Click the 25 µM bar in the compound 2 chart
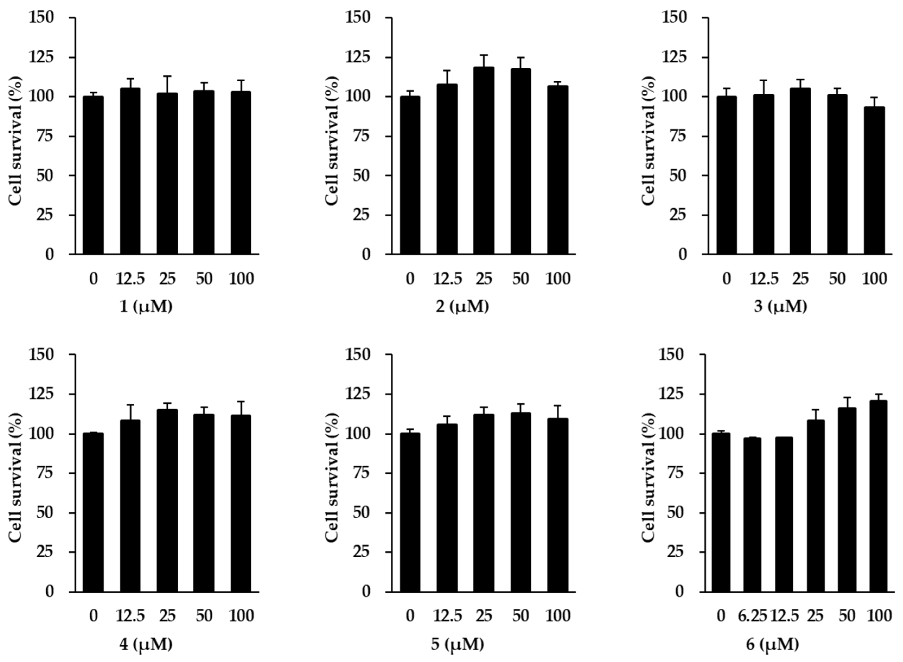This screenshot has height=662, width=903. (483, 160)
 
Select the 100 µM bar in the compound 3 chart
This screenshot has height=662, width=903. (874, 180)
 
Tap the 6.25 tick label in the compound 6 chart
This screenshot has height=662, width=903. (752, 616)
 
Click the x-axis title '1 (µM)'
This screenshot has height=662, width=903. (146, 307)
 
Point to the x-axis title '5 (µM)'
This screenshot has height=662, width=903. (463, 644)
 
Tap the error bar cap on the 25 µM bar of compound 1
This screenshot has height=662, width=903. (167, 76)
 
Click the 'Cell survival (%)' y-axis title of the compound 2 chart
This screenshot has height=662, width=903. (332, 140)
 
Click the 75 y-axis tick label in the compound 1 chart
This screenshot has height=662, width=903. (45, 136)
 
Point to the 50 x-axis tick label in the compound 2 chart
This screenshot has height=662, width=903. (520, 278)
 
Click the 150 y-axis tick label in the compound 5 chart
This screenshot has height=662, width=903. (360, 355)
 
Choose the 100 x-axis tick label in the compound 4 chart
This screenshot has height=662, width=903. (241, 616)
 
